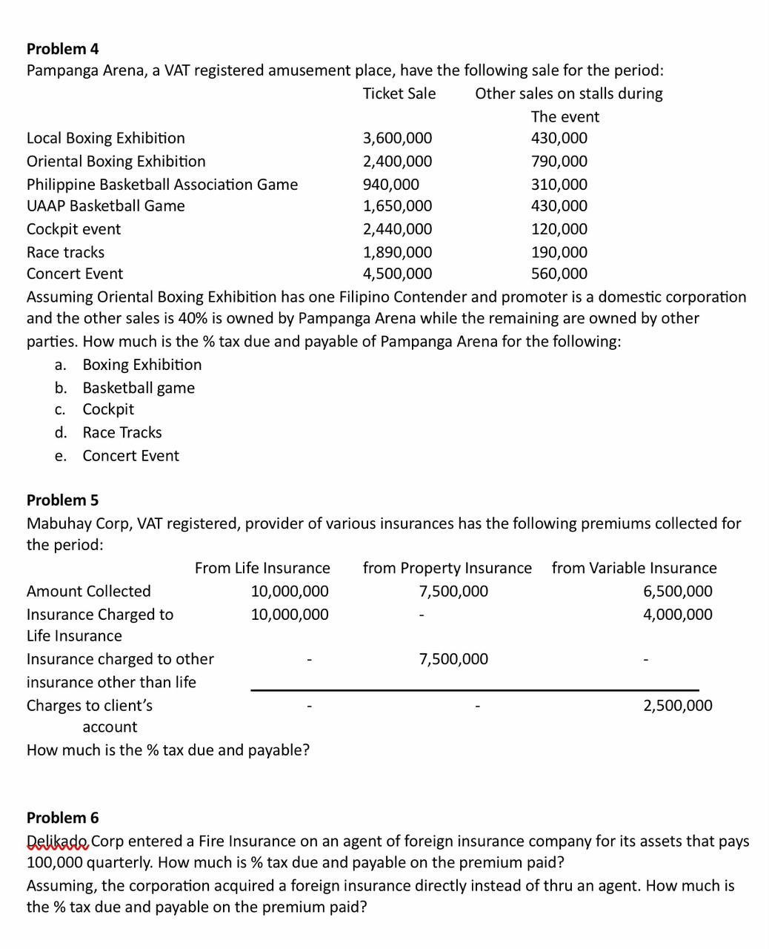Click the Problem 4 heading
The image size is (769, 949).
click(62, 49)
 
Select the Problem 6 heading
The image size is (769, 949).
click(62, 818)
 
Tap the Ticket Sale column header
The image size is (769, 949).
click(399, 93)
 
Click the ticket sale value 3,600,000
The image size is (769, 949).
click(397, 138)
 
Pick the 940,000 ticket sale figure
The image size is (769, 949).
click(390, 184)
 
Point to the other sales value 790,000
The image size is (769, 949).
click(559, 161)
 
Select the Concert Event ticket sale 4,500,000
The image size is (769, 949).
click(397, 274)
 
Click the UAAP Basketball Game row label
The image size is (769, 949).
click(105, 205)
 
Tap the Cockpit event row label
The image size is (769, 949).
click(73, 229)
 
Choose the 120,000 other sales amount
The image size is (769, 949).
click(559, 229)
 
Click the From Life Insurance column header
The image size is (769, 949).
click(262, 568)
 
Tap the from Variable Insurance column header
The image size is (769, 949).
click(634, 568)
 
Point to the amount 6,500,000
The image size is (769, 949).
click(677, 591)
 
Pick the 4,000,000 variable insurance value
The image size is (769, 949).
click(677, 614)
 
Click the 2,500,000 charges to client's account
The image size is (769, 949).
click(677, 705)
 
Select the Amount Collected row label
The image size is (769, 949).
click(88, 591)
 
